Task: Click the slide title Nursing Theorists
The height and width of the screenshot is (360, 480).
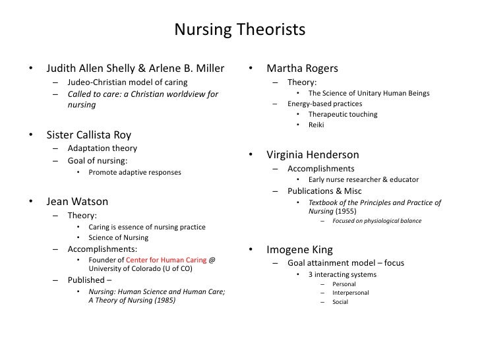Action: point(239,30)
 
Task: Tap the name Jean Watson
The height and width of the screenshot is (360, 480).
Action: point(77,201)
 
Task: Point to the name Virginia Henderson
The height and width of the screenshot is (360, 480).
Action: point(313,156)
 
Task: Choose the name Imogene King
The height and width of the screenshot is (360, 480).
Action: point(299,250)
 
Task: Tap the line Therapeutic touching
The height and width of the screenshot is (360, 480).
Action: point(343,115)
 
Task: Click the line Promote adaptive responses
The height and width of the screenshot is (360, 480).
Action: point(135,173)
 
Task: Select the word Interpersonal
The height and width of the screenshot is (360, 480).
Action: point(351,292)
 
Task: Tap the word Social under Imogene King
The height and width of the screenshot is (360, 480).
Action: point(340,302)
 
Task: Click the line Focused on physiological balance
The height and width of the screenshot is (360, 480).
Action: point(377,221)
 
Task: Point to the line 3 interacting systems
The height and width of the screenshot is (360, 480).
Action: point(342,274)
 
